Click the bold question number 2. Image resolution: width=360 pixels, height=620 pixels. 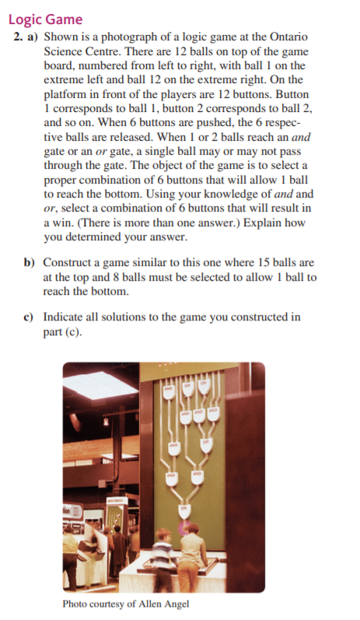coord(19,37)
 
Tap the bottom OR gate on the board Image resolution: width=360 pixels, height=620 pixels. coord(184,508)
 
